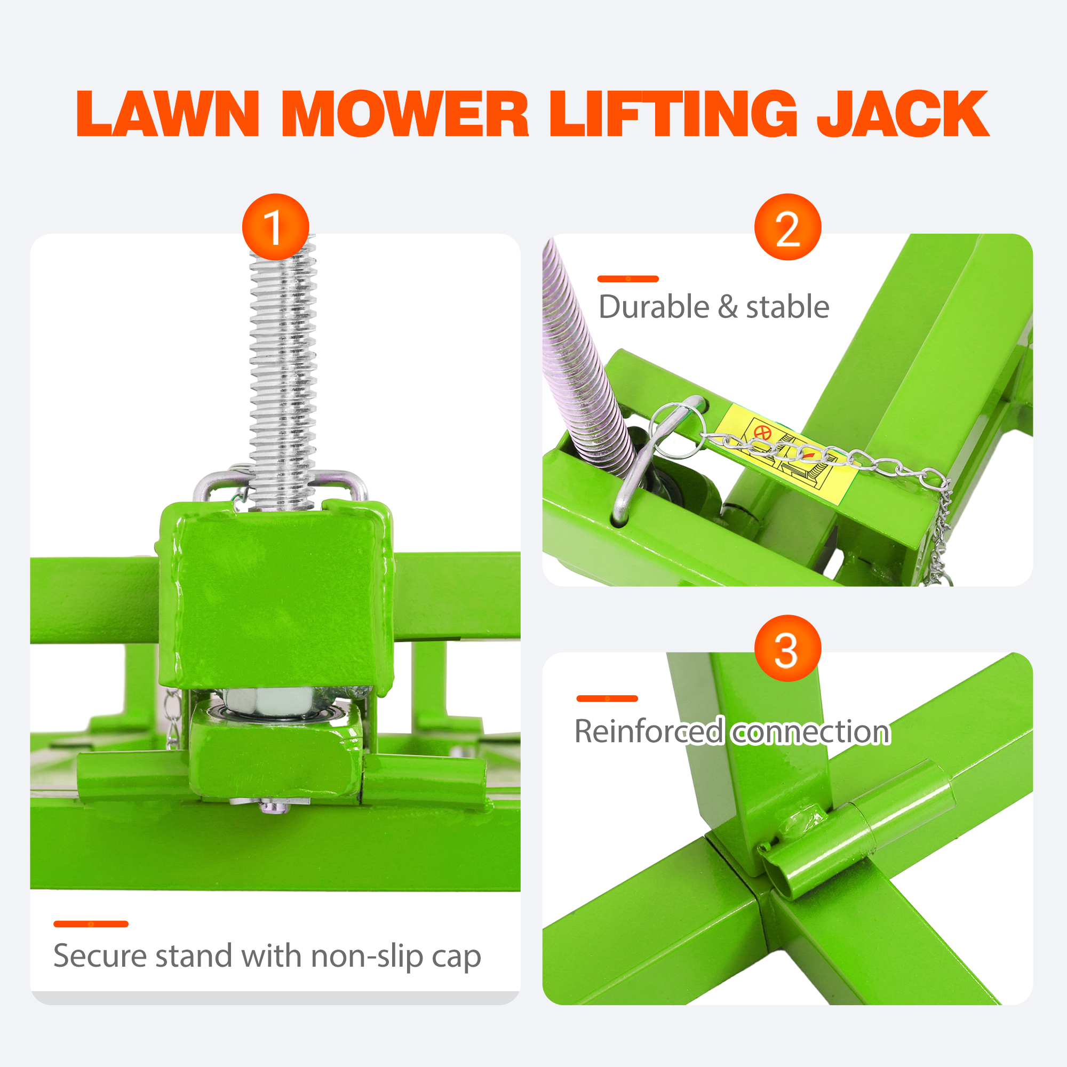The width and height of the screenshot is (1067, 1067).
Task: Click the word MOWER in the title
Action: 405,114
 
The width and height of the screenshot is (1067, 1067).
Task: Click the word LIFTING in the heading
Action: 673,114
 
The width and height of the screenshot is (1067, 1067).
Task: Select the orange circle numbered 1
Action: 275,227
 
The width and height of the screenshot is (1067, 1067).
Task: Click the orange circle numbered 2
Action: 787,227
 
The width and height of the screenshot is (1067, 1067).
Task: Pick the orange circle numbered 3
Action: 787,648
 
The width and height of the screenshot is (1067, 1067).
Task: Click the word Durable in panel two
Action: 654,307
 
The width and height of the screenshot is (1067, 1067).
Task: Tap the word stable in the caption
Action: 787,307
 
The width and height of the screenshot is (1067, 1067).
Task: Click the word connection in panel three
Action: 811,732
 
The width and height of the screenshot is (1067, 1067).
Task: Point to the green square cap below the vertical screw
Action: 276,596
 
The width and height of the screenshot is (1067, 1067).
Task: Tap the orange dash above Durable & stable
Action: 628,279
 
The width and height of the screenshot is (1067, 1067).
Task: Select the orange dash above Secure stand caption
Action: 91,924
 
